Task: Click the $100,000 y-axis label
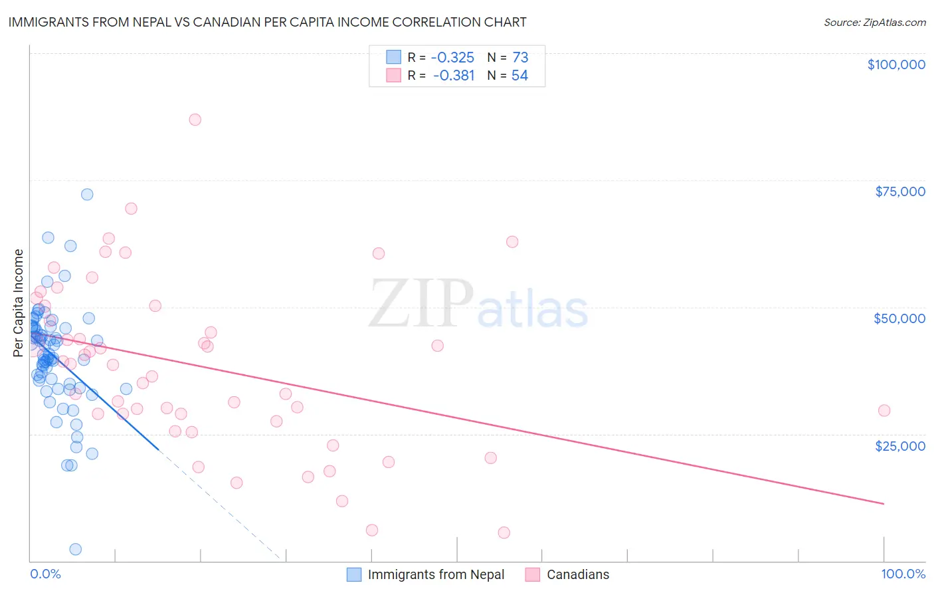895,64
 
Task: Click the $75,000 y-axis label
899,191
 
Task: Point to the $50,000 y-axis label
899,318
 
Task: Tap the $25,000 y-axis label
899,445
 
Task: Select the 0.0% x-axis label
45,574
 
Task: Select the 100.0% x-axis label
903,574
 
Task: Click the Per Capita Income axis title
19,302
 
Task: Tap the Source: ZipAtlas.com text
874,22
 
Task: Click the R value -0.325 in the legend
452,57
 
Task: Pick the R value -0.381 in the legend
454,76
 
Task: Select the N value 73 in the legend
520,57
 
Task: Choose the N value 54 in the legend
519,76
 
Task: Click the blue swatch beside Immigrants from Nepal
354,574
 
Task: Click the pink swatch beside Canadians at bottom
532,574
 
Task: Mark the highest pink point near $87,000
195,120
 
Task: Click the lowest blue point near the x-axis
75,549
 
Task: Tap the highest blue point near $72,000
87,195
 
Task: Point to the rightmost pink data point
884,411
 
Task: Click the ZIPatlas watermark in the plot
478,304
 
